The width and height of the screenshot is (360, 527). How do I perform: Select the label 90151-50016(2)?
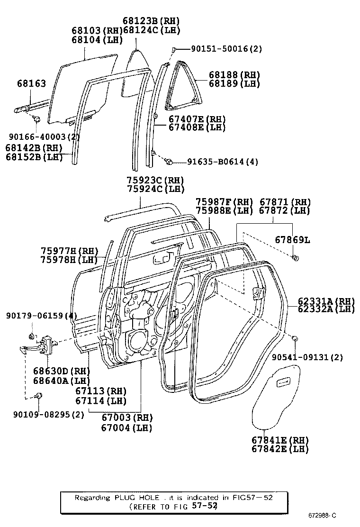[226, 49]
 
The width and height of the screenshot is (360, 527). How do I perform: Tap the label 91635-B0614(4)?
[223, 162]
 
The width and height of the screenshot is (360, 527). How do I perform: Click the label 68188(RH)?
[235, 75]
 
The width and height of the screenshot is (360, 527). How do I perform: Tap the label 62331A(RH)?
[326, 301]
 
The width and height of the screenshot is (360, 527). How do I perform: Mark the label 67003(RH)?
[126, 418]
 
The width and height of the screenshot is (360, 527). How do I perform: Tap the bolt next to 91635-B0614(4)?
[168, 162]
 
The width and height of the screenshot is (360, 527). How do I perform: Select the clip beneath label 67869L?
[296, 258]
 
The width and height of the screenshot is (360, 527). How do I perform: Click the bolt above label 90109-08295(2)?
[39, 395]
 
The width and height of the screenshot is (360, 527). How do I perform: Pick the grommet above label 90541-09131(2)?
[294, 338]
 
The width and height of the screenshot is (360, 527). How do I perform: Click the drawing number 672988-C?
[324, 515]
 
